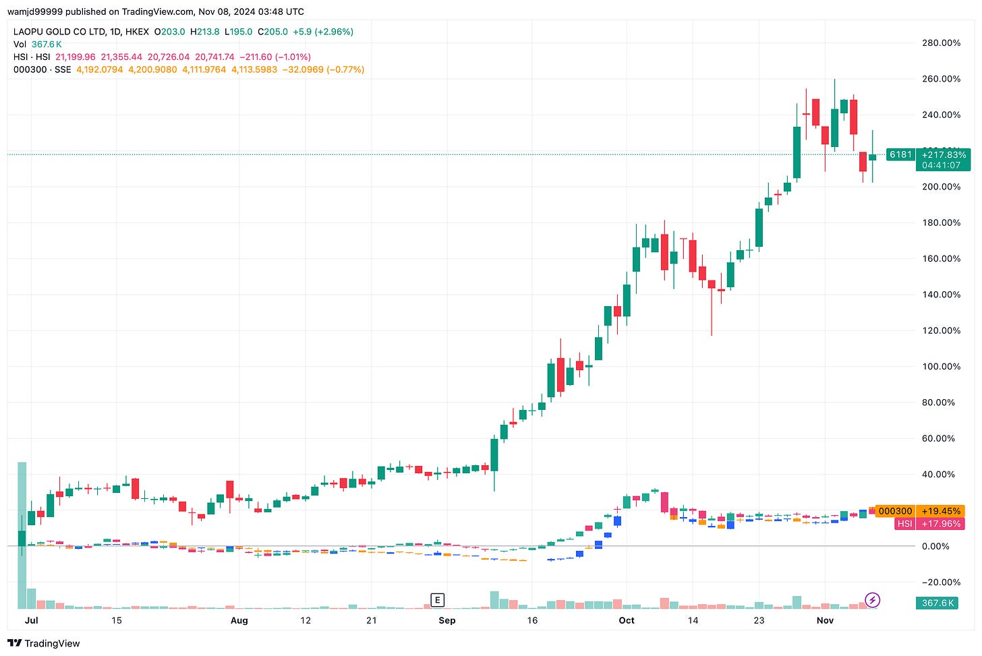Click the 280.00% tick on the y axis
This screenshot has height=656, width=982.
(x=941, y=43)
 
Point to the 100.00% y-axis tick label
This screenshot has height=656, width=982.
(x=941, y=367)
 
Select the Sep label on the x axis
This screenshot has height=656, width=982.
(x=446, y=620)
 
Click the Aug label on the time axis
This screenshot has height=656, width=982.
(x=239, y=620)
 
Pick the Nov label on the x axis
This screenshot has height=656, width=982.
(x=825, y=620)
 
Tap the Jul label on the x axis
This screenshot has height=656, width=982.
(x=31, y=620)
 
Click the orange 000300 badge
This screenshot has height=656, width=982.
(x=895, y=512)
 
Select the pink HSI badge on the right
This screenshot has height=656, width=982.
(x=904, y=524)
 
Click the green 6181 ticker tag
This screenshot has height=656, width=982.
(x=900, y=155)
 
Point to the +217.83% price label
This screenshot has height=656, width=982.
(x=944, y=155)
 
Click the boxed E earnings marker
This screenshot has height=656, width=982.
(x=438, y=600)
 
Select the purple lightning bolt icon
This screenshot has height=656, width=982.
(x=872, y=599)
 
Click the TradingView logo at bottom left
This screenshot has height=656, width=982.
(x=45, y=643)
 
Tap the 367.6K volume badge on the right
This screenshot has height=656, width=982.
(x=937, y=603)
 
